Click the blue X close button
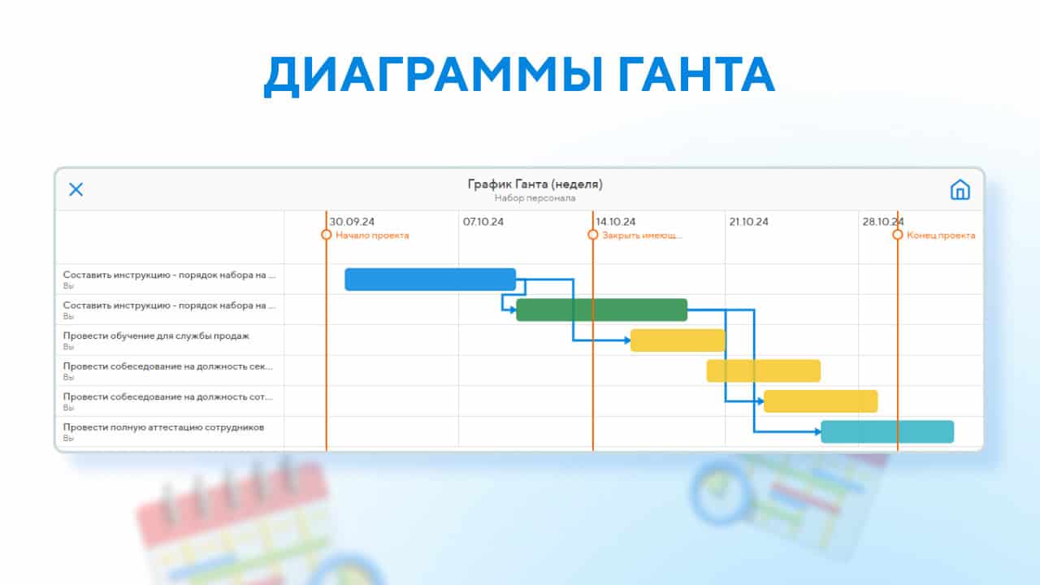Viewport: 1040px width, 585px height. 76,189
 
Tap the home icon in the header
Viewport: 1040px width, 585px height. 960,189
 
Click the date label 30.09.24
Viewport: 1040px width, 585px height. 352,222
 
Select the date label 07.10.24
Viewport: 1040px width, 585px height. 483,222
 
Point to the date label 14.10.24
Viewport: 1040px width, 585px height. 616,222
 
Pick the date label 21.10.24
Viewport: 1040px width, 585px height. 748,222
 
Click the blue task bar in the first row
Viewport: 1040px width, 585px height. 430,279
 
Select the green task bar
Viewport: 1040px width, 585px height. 602,310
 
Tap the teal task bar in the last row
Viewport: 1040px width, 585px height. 887,431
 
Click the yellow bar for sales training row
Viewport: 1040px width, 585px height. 678,340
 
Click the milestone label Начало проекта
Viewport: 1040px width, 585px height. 372,236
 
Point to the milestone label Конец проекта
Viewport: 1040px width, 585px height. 941,236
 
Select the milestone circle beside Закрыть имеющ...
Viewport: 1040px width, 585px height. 593,235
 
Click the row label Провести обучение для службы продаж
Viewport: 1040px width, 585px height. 156,336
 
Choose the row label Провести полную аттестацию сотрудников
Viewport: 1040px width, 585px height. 163,427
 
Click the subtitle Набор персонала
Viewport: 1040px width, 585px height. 535,198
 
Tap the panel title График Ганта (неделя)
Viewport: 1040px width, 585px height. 535,184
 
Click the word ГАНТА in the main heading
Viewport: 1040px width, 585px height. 696,75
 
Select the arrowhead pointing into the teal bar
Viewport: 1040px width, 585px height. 817,431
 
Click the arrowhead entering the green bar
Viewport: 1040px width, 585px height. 513,310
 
